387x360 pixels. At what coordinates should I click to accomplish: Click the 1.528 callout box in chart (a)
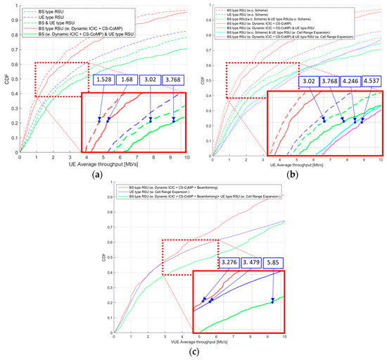pos(104,81)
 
